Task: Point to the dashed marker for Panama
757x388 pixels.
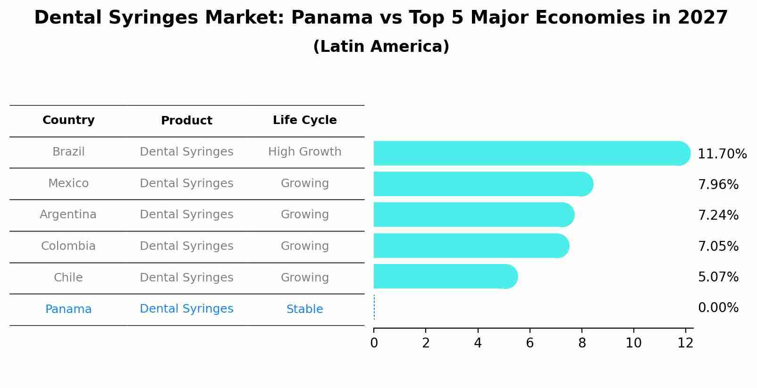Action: [x=374, y=307]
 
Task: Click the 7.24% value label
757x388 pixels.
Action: [x=718, y=215]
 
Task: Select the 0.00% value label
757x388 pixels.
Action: [x=718, y=308]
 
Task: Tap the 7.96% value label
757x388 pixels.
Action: [x=718, y=185]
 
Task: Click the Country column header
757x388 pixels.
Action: [x=68, y=120]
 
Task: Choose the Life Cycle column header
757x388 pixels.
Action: [x=304, y=120]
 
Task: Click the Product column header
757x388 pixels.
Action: [x=186, y=121]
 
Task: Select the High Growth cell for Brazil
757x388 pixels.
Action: [x=304, y=152]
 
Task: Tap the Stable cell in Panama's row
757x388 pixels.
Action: [x=304, y=309]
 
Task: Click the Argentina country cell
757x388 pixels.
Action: [x=68, y=215]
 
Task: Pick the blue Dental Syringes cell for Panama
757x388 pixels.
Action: [x=186, y=309]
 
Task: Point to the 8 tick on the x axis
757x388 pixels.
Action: [x=581, y=343]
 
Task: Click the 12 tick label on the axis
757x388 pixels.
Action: [x=685, y=343]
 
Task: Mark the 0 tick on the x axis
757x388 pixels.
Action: [x=374, y=343]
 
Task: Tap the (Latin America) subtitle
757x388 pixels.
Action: [x=381, y=47]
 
